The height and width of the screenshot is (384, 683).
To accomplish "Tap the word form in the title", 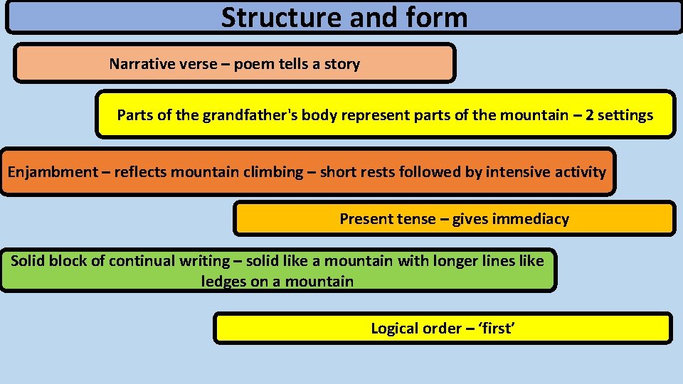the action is tap(435, 18).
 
